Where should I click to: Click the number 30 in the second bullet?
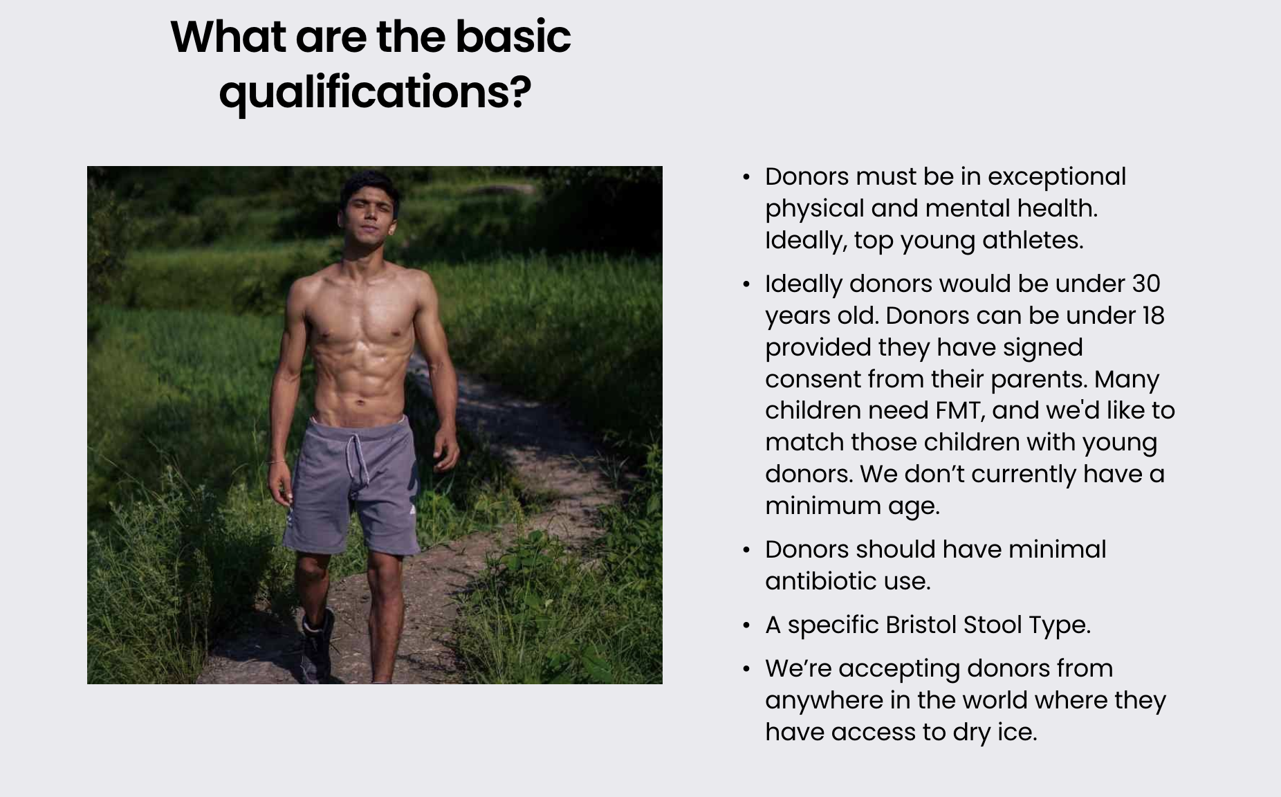coord(1146,284)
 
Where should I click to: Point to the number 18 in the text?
coord(1153,315)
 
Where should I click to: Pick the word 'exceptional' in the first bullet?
coord(1057,177)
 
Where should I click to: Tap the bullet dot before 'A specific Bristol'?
coord(746,626)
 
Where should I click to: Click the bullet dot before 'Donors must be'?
coord(746,178)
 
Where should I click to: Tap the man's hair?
coord(367,185)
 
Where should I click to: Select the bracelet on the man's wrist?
coord(277,461)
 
